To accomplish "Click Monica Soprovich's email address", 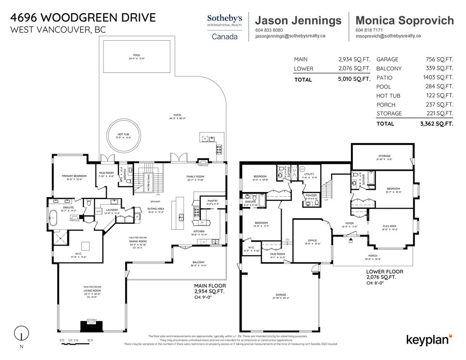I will [x=388, y=36].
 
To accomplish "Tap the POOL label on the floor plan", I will [x=136, y=55].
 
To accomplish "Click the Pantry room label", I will [x=213, y=201].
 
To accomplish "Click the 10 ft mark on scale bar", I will [x=90, y=341].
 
